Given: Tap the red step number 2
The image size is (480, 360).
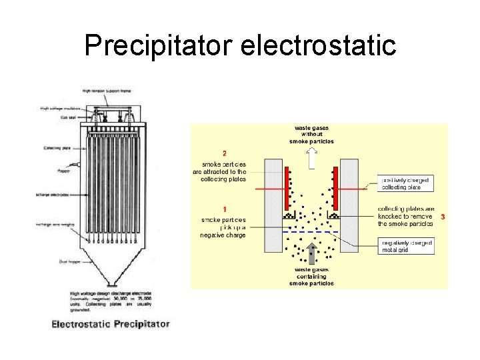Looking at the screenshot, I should pos(224,152).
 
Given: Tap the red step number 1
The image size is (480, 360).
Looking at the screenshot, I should pos(224,209).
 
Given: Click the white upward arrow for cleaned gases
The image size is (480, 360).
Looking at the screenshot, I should pos(311,158).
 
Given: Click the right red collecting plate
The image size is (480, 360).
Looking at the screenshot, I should pos(335,188).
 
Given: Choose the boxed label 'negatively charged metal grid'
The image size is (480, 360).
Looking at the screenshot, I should pos(405,247).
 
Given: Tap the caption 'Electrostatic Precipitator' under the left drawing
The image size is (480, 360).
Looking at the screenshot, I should pos(111,324).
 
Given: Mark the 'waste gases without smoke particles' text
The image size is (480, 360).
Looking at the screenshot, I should pos(311,135).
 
